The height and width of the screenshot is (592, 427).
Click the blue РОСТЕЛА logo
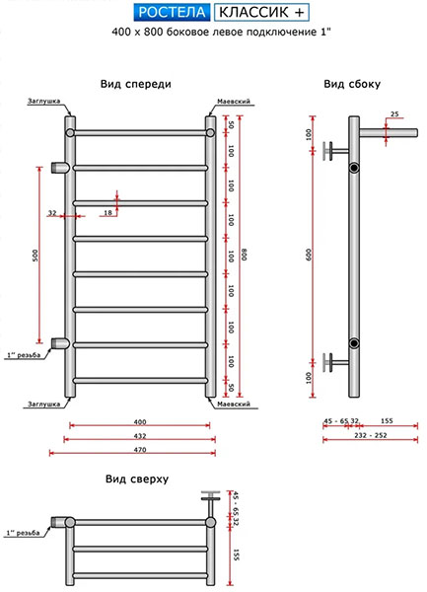coord(172,12)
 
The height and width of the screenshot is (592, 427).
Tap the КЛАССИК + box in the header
coord(261,12)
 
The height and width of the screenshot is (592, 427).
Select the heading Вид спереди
coord(136,84)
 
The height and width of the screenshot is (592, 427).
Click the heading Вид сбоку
coord(352,84)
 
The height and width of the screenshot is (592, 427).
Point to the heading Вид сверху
coord(137,480)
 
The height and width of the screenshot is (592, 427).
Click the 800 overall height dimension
coord(244,256)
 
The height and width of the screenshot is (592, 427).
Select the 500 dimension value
coord(36,256)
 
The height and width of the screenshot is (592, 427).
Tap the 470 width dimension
coord(140,450)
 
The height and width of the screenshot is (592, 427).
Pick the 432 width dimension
coord(140,436)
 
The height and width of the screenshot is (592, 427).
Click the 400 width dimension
coord(140,421)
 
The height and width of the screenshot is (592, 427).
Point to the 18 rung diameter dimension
coord(107,212)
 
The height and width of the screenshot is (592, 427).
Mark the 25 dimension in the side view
coord(394,114)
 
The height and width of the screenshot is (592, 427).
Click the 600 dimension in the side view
coord(310,256)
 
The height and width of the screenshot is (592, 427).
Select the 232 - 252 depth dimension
coord(371,435)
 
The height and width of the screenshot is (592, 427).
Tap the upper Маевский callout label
coord(234,102)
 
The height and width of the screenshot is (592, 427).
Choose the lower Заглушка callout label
coord(43,404)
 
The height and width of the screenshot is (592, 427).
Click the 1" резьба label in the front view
coord(24,355)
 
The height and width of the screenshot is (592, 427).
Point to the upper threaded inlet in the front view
coord(60,168)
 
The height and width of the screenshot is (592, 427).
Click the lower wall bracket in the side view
coord(334,363)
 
